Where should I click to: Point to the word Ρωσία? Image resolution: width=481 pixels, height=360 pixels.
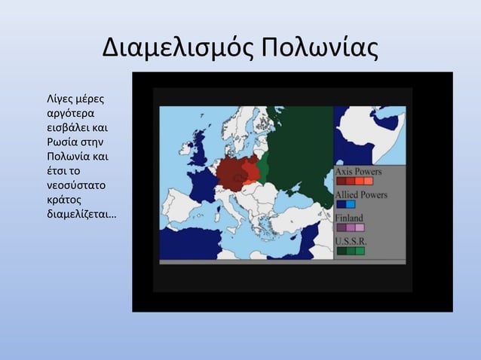click(x=63, y=142)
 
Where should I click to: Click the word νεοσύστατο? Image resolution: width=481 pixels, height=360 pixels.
click(x=75, y=185)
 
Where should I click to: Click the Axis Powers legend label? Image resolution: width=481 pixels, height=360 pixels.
click(x=358, y=172)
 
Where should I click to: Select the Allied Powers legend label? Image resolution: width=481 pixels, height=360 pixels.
click(x=361, y=194)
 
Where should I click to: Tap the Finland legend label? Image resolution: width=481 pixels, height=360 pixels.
click(x=349, y=218)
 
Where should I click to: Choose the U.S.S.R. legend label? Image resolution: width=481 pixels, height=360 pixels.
click(x=351, y=241)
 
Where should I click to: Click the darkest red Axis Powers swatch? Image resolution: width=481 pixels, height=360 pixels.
click(x=342, y=182)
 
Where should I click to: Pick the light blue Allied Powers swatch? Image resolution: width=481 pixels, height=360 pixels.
click(x=351, y=204)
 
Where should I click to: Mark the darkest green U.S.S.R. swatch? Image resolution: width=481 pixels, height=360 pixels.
click(x=342, y=251)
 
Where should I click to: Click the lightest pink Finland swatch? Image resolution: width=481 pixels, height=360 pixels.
click(x=360, y=227)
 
